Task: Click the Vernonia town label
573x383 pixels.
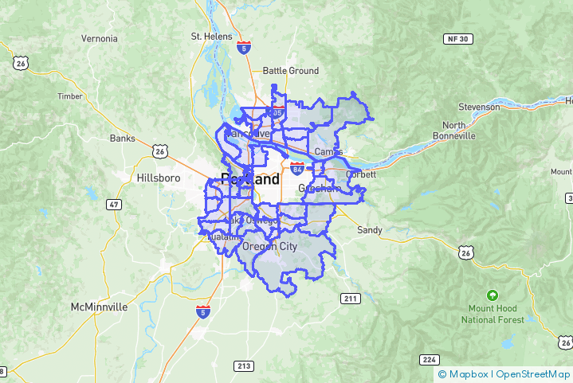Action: tap(99, 38)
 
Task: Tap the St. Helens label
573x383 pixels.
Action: tap(211, 36)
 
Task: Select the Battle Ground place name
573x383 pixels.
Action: tap(290, 71)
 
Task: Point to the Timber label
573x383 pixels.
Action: tap(70, 96)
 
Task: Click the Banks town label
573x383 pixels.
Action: tap(123, 138)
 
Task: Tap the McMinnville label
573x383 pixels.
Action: tap(99, 307)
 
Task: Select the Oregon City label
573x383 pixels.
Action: tap(270, 247)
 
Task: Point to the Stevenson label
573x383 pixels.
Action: tap(479, 107)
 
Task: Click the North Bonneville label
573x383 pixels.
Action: tap(453, 131)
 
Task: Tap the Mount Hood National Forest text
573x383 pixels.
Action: tap(493, 314)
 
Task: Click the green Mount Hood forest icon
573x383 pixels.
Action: tap(493, 295)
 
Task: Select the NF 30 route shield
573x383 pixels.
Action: tap(458, 38)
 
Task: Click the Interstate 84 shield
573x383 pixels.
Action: tap(297, 168)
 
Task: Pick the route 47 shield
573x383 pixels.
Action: tap(115, 205)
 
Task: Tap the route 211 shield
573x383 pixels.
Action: tap(350, 299)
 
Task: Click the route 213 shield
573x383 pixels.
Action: tap(244, 365)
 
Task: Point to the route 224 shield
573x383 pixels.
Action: tap(430, 359)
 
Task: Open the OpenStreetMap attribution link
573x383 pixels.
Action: tap(532, 373)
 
